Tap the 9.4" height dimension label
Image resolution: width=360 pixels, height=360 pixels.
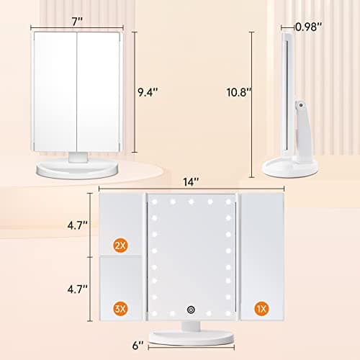click(x=148, y=91)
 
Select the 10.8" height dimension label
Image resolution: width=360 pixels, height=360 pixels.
click(x=236, y=91)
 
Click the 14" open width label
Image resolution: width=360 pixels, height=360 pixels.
click(x=190, y=181)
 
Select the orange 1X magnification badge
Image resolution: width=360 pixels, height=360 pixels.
click(x=261, y=309)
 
